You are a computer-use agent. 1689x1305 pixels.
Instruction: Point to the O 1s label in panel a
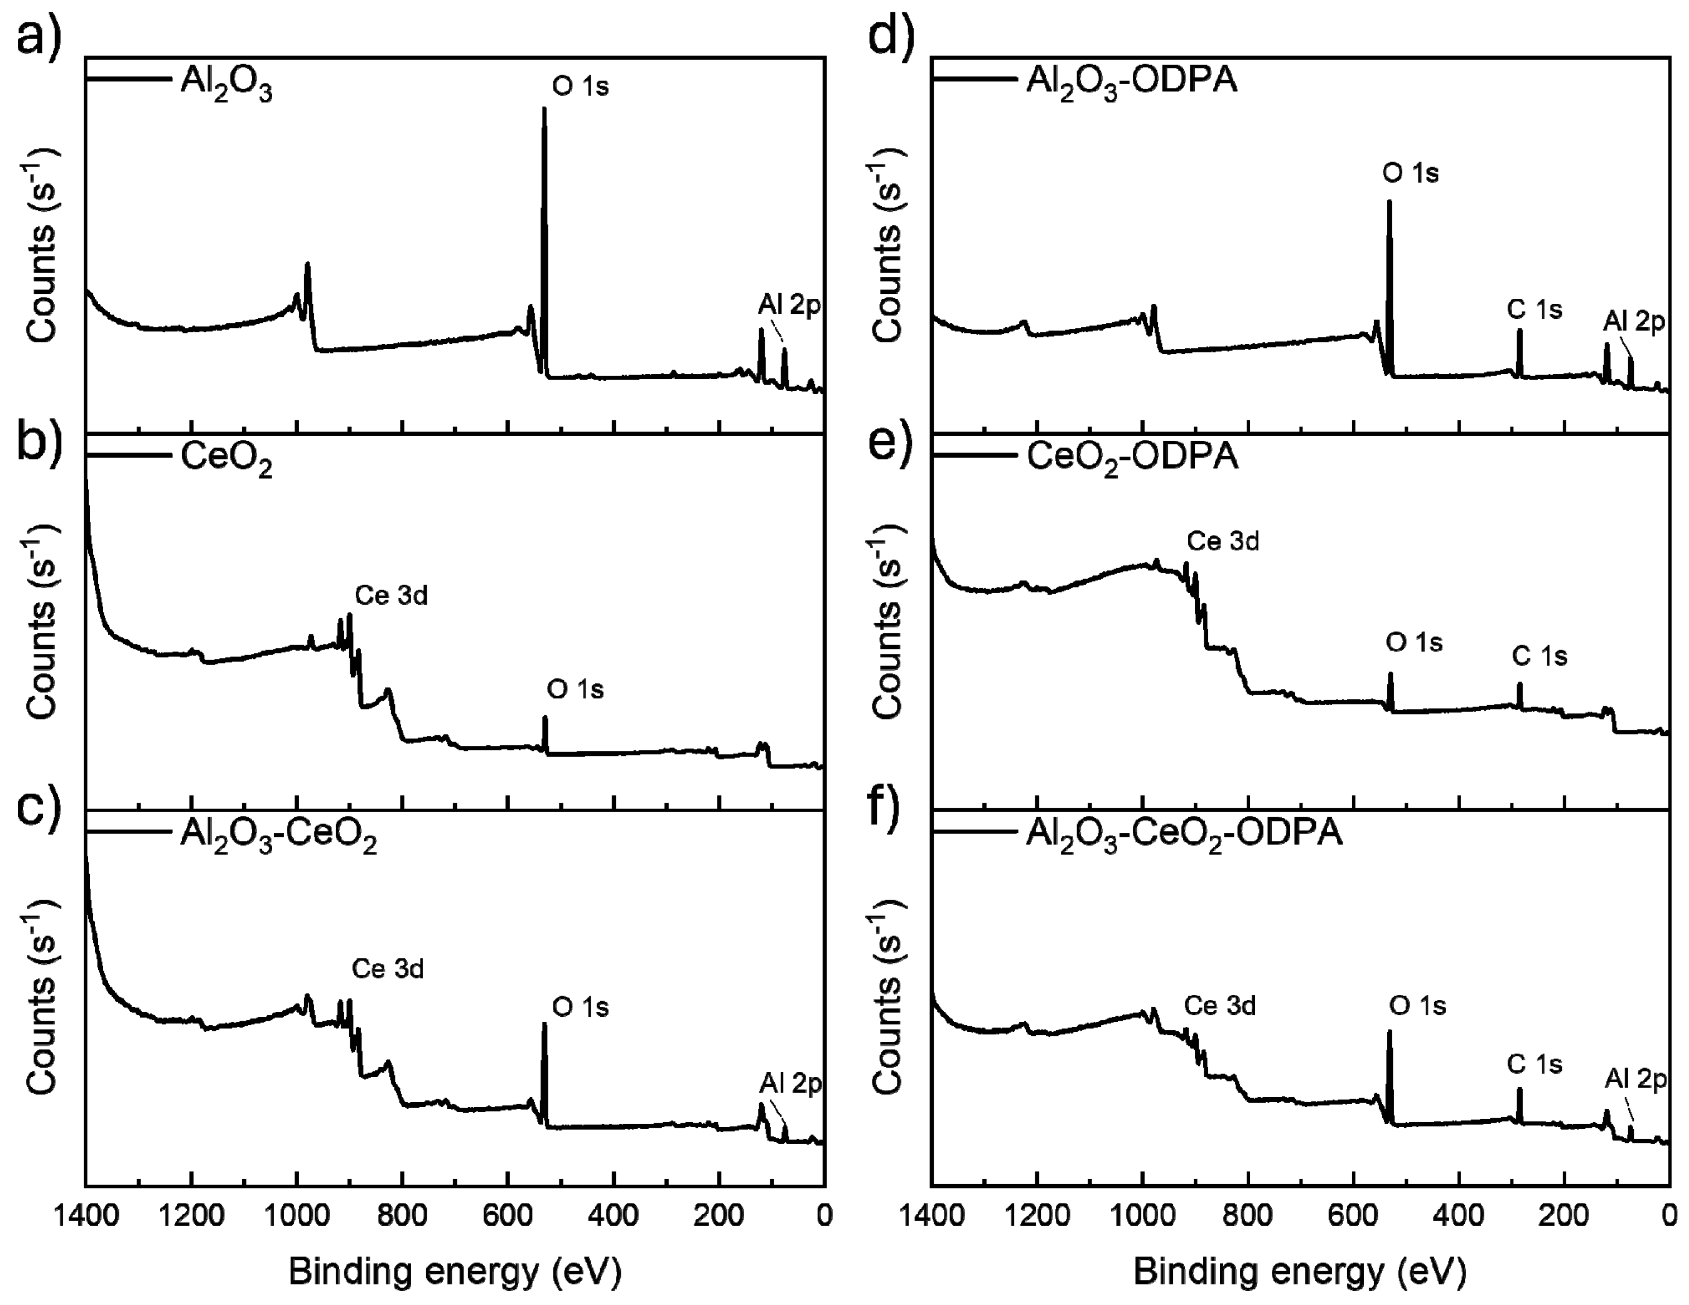pyautogui.click(x=580, y=86)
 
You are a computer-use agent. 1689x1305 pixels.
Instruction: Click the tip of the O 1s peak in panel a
pyautogui.click(x=544, y=110)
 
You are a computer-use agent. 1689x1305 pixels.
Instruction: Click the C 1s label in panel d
pyautogui.click(x=1534, y=310)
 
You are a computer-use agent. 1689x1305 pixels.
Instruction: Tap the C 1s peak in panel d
pyautogui.click(x=1519, y=332)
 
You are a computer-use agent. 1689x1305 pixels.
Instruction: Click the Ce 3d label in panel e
pyautogui.click(x=1223, y=541)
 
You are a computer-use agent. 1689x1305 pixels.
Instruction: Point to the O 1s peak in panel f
pyautogui.click(x=1389, y=1034)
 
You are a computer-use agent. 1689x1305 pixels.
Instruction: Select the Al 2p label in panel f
pyautogui.click(x=1635, y=1079)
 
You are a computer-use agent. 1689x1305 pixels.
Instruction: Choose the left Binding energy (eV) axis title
pyautogui.click(x=455, y=1272)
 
